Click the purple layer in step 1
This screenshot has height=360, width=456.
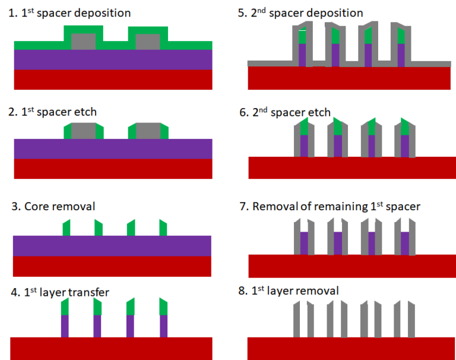tap(113, 59)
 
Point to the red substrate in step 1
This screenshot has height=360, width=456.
tap(113, 80)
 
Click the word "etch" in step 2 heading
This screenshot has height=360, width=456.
tap(84, 112)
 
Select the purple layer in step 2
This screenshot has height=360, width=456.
tap(113, 149)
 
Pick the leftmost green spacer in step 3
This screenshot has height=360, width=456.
tap(66, 228)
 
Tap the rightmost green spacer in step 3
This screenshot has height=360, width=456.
tap(163, 228)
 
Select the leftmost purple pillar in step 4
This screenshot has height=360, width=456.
tap(65, 326)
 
